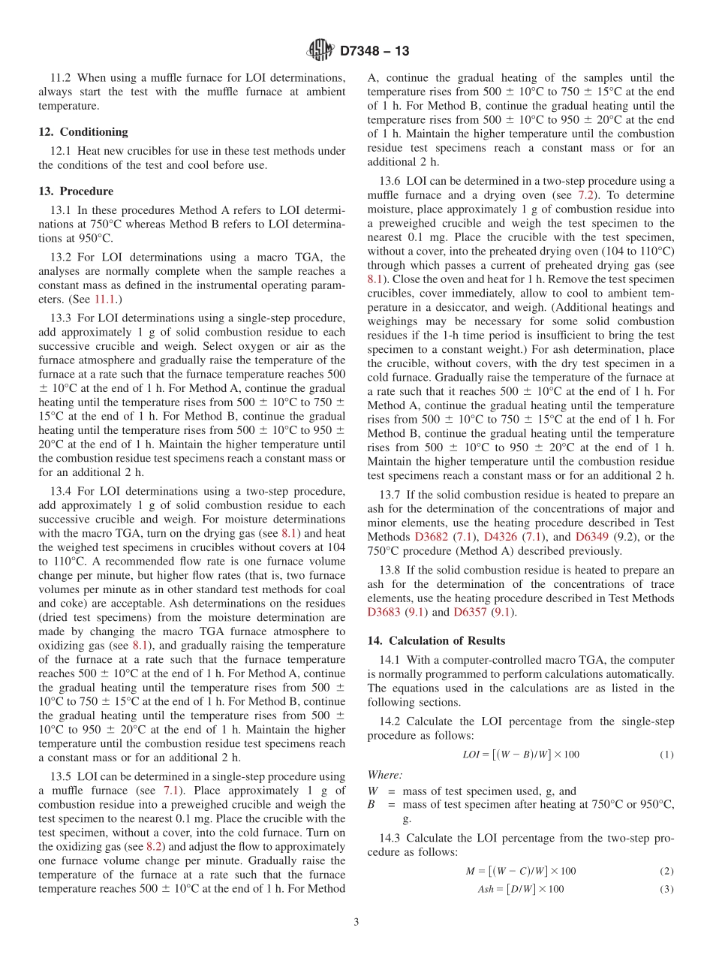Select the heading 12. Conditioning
(83, 131)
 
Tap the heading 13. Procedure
(76, 191)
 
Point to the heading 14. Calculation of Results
(436, 640)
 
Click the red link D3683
(384, 612)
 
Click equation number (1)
(666, 755)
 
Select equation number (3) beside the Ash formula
(666, 889)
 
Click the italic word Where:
(384, 775)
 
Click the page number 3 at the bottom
(356, 922)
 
